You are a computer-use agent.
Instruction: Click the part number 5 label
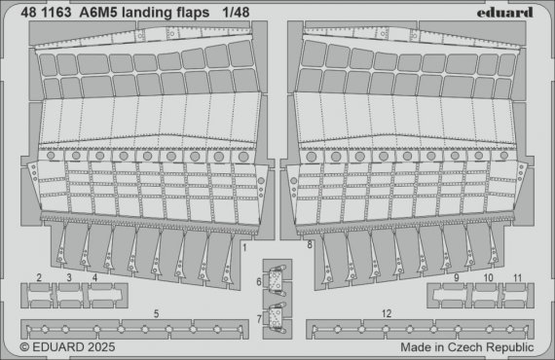[x=157, y=313]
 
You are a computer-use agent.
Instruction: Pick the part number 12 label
[x=387, y=312]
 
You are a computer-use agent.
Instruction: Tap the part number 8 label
[x=310, y=247]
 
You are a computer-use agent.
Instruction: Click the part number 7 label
[x=259, y=317]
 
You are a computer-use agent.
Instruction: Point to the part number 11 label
[x=517, y=278]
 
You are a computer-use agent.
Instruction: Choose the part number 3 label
[x=69, y=278]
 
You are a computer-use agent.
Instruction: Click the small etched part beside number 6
[x=277, y=278]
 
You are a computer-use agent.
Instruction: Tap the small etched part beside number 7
[x=277, y=316]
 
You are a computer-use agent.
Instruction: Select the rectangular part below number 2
[x=38, y=291]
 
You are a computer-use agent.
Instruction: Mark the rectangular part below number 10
[x=486, y=291]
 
